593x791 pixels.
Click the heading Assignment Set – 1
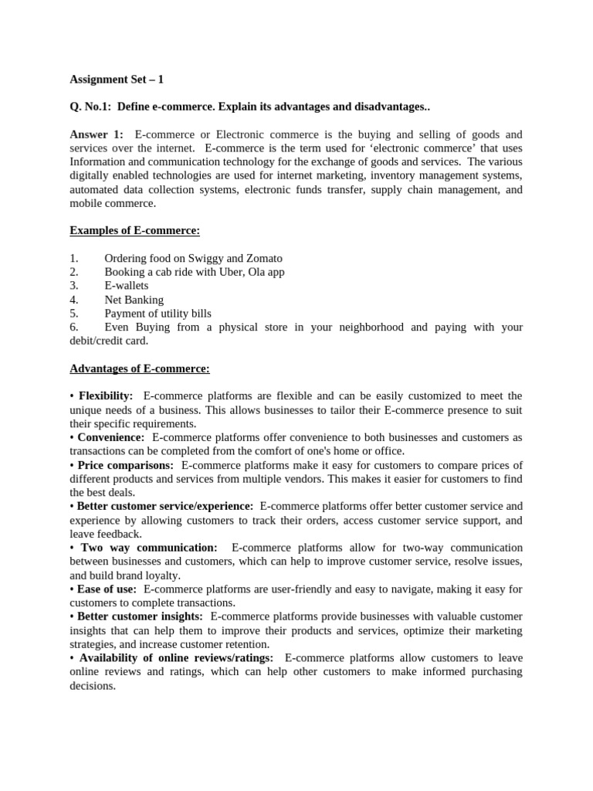(117, 79)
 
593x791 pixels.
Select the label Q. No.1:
(90, 107)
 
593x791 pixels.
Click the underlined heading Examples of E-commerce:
(134, 231)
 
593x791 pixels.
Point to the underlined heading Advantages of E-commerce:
(140, 368)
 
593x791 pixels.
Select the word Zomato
(263, 258)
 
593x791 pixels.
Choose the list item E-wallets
(126, 286)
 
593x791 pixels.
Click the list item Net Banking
(134, 300)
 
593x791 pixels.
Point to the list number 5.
(73, 314)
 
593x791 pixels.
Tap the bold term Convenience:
(110, 437)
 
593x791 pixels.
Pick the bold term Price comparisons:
(125, 465)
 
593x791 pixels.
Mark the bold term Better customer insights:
(140, 616)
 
